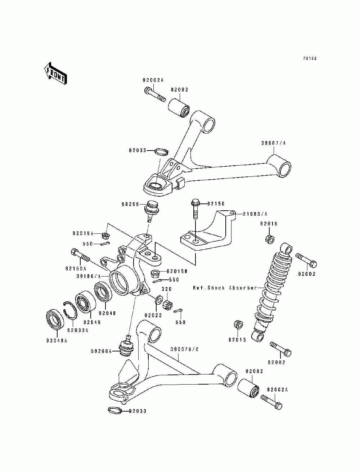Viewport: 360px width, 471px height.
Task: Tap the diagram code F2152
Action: click(x=310, y=58)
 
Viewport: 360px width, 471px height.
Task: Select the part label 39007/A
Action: click(x=274, y=143)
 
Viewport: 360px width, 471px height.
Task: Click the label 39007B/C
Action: click(x=184, y=350)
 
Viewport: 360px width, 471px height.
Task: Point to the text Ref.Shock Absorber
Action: click(x=225, y=288)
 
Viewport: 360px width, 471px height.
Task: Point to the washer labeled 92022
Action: click(x=158, y=300)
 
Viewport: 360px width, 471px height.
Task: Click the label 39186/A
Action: click(x=89, y=277)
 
